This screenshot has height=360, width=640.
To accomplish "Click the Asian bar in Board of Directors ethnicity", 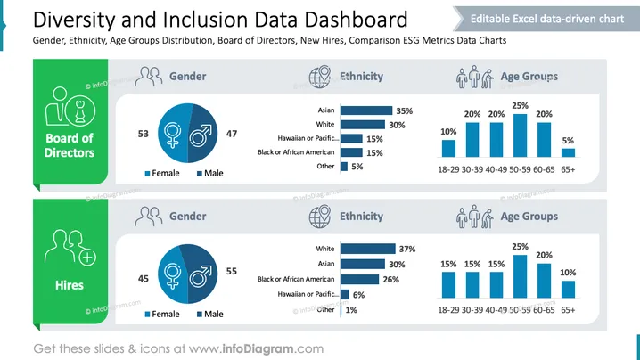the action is [366, 110].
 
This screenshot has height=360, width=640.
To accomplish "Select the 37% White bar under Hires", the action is [368, 249].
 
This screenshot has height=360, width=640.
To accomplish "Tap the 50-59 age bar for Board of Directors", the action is [520, 135].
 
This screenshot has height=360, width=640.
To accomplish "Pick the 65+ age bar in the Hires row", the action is [568, 290].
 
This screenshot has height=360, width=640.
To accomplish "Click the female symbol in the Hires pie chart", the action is [172, 276].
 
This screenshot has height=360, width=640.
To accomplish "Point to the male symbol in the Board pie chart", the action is [201, 135].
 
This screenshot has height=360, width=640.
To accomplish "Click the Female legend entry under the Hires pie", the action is [162, 314].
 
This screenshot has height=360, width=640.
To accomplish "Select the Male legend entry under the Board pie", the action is [209, 173].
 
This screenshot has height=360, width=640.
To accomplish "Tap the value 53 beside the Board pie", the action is [144, 134].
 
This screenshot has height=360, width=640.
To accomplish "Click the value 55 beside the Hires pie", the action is [232, 272].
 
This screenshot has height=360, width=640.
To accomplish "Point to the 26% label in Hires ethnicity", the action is [391, 280].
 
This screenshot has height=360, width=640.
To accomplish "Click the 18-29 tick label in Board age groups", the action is [448, 169].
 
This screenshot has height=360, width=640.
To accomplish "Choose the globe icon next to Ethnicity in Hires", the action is [320, 217].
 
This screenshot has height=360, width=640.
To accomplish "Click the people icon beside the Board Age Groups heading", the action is [475, 77].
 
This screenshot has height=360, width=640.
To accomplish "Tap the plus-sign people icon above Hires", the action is [70, 248].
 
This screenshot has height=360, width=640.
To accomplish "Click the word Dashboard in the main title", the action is [345, 20].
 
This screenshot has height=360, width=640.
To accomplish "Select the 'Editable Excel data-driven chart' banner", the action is [546, 19].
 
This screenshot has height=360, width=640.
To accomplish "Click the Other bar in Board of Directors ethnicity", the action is [344, 167].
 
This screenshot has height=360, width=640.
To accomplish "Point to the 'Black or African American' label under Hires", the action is [296, 279].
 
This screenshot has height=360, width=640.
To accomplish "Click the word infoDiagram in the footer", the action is [258, 349].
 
